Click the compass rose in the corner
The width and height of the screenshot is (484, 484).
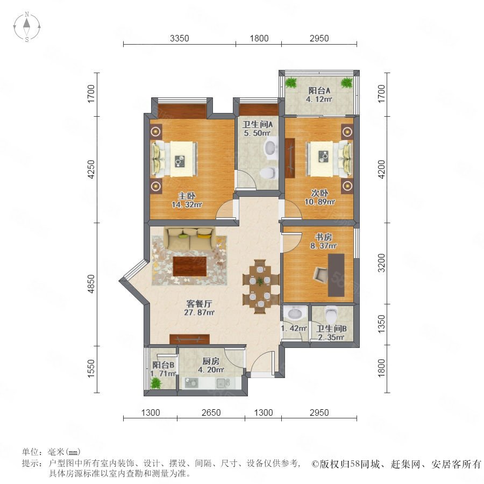click(x=27, y=27)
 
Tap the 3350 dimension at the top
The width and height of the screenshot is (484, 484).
click(x=179, y=38)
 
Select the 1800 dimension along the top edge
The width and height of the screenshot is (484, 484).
click(x=259, y=38)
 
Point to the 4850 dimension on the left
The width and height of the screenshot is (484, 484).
click(x=91, y=284)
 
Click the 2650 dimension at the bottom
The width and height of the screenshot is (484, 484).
click(x=211, y=412)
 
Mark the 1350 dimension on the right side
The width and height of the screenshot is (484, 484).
click(x=381, y=324)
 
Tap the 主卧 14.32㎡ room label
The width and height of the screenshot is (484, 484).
click(x=187, y=200)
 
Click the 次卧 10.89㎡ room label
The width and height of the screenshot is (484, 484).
click(x=319, y=197)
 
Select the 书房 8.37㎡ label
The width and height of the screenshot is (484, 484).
click(x=323, y=241)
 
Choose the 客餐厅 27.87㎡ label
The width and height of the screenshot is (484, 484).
click(x=199, y=308)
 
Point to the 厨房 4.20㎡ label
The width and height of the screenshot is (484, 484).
click(x=211, y=365)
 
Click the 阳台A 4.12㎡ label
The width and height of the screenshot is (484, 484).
click(x=319, y=95)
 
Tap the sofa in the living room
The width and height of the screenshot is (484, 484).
click(x=189, y=238)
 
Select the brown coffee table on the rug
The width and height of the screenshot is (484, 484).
click(x=189, y=266)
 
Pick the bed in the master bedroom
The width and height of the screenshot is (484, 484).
click(x=174, y=159)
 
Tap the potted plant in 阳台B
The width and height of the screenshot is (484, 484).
click(x=156, y=383)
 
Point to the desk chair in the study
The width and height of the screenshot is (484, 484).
click(x=322, y=274)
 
